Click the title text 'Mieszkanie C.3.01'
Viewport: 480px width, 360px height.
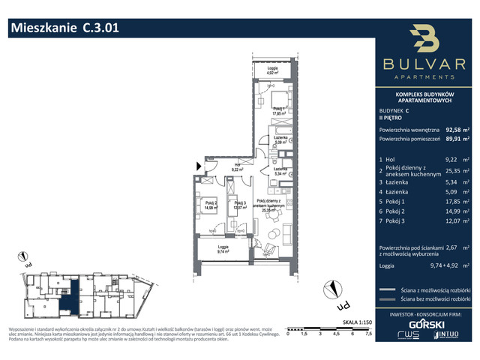pos(64,28)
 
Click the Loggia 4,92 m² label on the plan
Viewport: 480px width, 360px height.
pos(271,72)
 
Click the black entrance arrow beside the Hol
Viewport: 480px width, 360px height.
pos(198,166)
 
